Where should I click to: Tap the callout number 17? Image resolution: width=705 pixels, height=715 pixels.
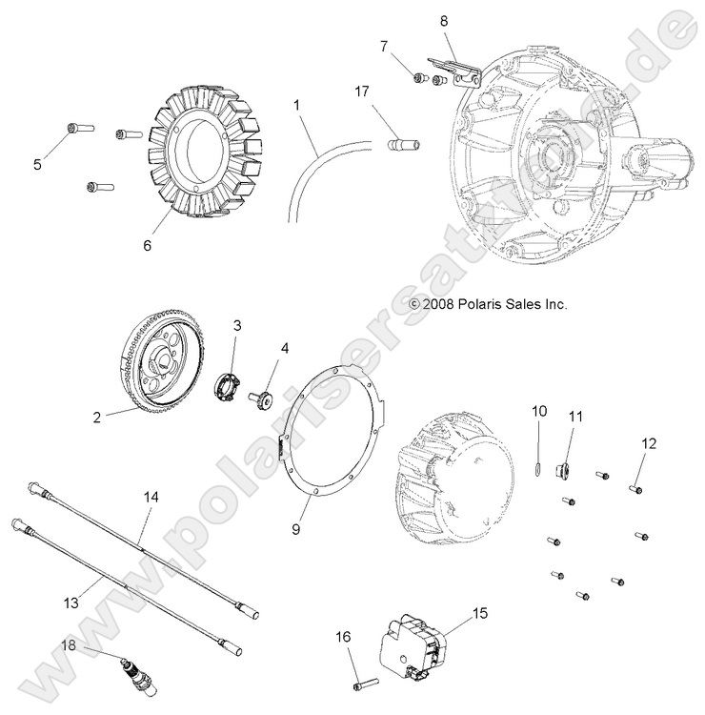pyautogui.click(x=361, y=92)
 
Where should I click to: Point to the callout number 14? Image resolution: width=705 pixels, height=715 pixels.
pyautogui.click(x=149, y=498)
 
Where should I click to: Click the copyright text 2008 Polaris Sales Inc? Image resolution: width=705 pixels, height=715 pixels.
pyautogui.click(x=488, y=305)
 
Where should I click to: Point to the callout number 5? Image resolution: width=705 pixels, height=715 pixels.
pyautogui.click(x=37, y=164)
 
